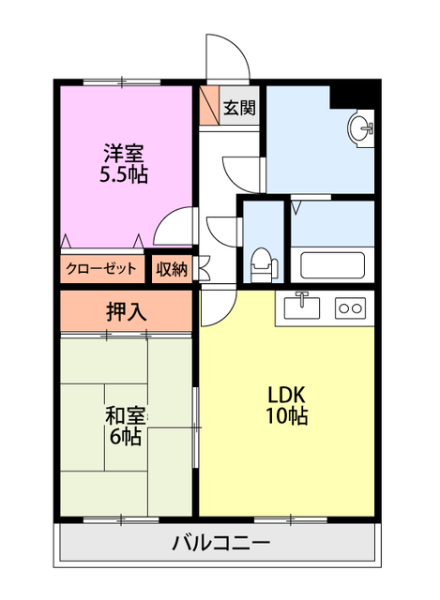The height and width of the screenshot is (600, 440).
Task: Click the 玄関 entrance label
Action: (x=238, y=108)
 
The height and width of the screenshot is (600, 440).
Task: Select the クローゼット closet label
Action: (x=102, y=268)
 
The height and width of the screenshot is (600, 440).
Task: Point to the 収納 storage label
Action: (x=172, y=268)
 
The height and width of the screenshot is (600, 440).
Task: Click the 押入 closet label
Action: (x=126, y=311)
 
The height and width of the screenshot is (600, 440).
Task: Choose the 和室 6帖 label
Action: (x=126, y=424)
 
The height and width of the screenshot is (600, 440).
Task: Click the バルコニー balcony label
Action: (x=221, y=543)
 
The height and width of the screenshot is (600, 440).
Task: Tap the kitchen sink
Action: (x=302, y=307)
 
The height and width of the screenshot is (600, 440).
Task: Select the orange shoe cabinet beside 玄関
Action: (x=208, y=106)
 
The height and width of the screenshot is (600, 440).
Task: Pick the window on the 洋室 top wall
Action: (x=121, y=83)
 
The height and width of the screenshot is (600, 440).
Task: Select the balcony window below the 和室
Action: (x=121, y=518)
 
